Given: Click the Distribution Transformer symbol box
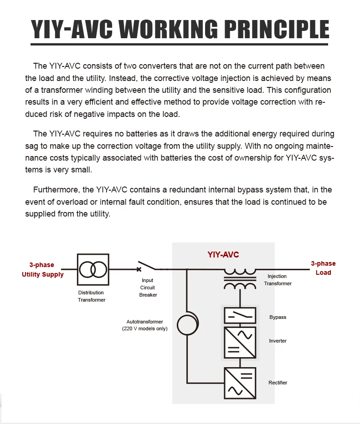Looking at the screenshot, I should pyautogui.click(x=93, y=269).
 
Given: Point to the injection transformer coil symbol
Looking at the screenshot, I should pyautogui.click(x=240, y=279).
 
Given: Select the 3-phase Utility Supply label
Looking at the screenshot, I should pyautogui.click(x=42, y=270).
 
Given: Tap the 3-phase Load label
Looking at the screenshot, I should pyautogui.click(x=323, y=268).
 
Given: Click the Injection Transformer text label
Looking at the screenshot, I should pyautogui.click(x=278, y=280).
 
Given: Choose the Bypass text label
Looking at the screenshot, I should pyautogui.click(x=278, y=317).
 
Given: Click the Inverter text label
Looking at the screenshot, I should pyautogui.click(x=278, y=341).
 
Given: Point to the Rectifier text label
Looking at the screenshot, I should pyautogui.click(x=278, y=383).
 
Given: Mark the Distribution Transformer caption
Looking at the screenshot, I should pyautogui.click(x=91, y=296).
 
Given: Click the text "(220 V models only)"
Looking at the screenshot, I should pyautogui.click(x=144, y=328).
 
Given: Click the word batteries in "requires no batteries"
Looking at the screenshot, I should pyautogui.click(x=118, y=134).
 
